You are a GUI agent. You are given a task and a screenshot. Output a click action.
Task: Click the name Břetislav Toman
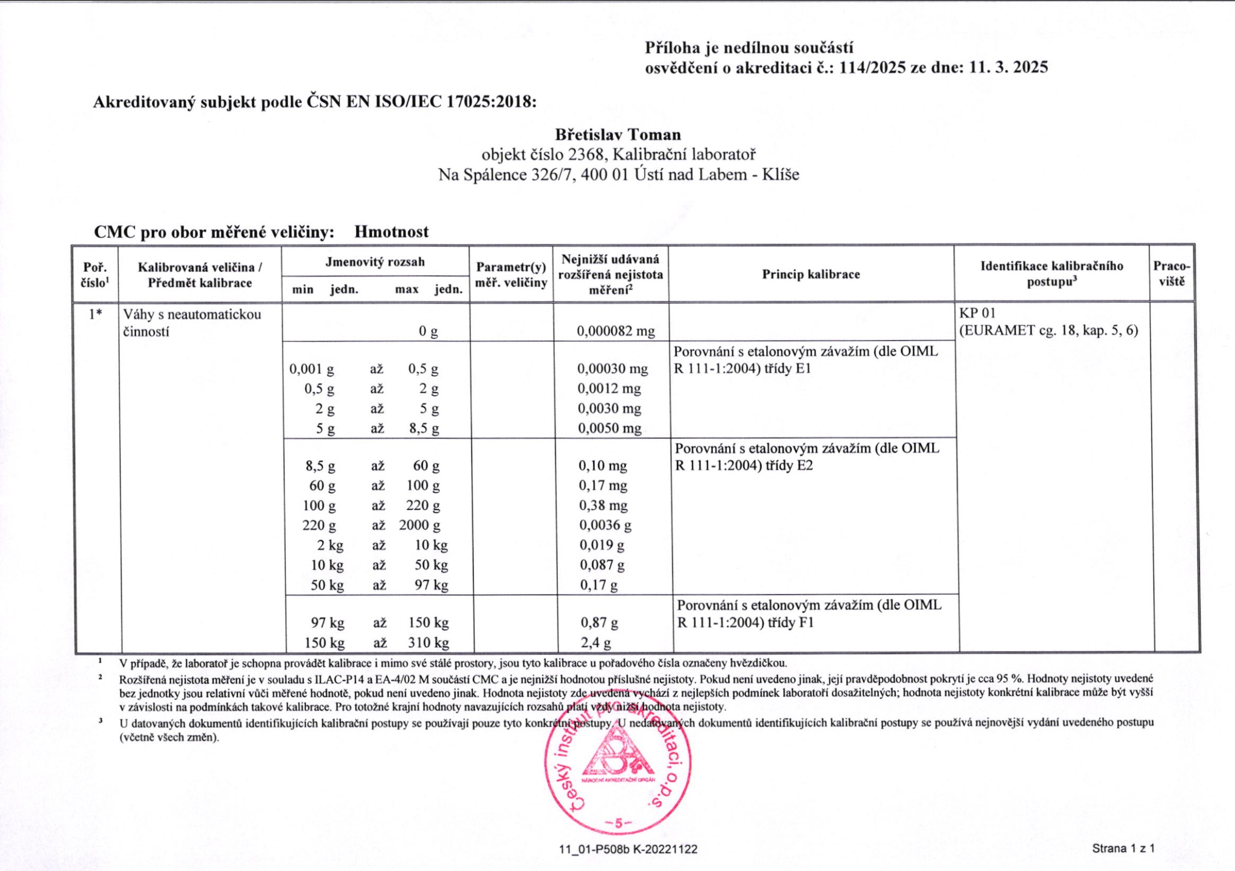pyautogui.click(x=618, y=134)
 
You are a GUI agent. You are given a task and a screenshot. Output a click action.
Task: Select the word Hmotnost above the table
pyautogui.click(x=391, y=232)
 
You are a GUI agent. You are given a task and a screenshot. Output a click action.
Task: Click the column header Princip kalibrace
pyautogui.click(x=810, y=275)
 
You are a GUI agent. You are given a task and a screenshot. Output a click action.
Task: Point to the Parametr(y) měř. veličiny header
pyautogui.click(x=511, y=275)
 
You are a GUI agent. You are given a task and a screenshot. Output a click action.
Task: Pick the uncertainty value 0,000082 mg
pyautogui.click(x=615, y=332)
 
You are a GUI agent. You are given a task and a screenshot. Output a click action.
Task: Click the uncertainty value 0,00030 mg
pyautogui.click(x=612, y=369)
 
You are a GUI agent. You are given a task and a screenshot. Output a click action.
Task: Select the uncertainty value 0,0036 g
pyautogui.click(x=605, y=525)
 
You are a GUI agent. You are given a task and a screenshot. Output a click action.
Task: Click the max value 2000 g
pyautogui.click(x=419, y=525)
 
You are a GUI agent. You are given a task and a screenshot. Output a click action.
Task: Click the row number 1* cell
pyautogui.click(x=95, y=314)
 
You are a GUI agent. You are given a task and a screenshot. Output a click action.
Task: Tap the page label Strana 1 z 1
pyautogui.click(x=1122, y=849)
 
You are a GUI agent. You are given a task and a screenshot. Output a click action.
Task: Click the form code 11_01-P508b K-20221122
pyautogui.click(x=628, y=849)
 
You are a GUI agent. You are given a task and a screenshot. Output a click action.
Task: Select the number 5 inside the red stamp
pyautogui.click(x=618, y=823)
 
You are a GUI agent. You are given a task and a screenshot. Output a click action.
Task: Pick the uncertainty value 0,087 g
pyautogui.click(x=601, y=565)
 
